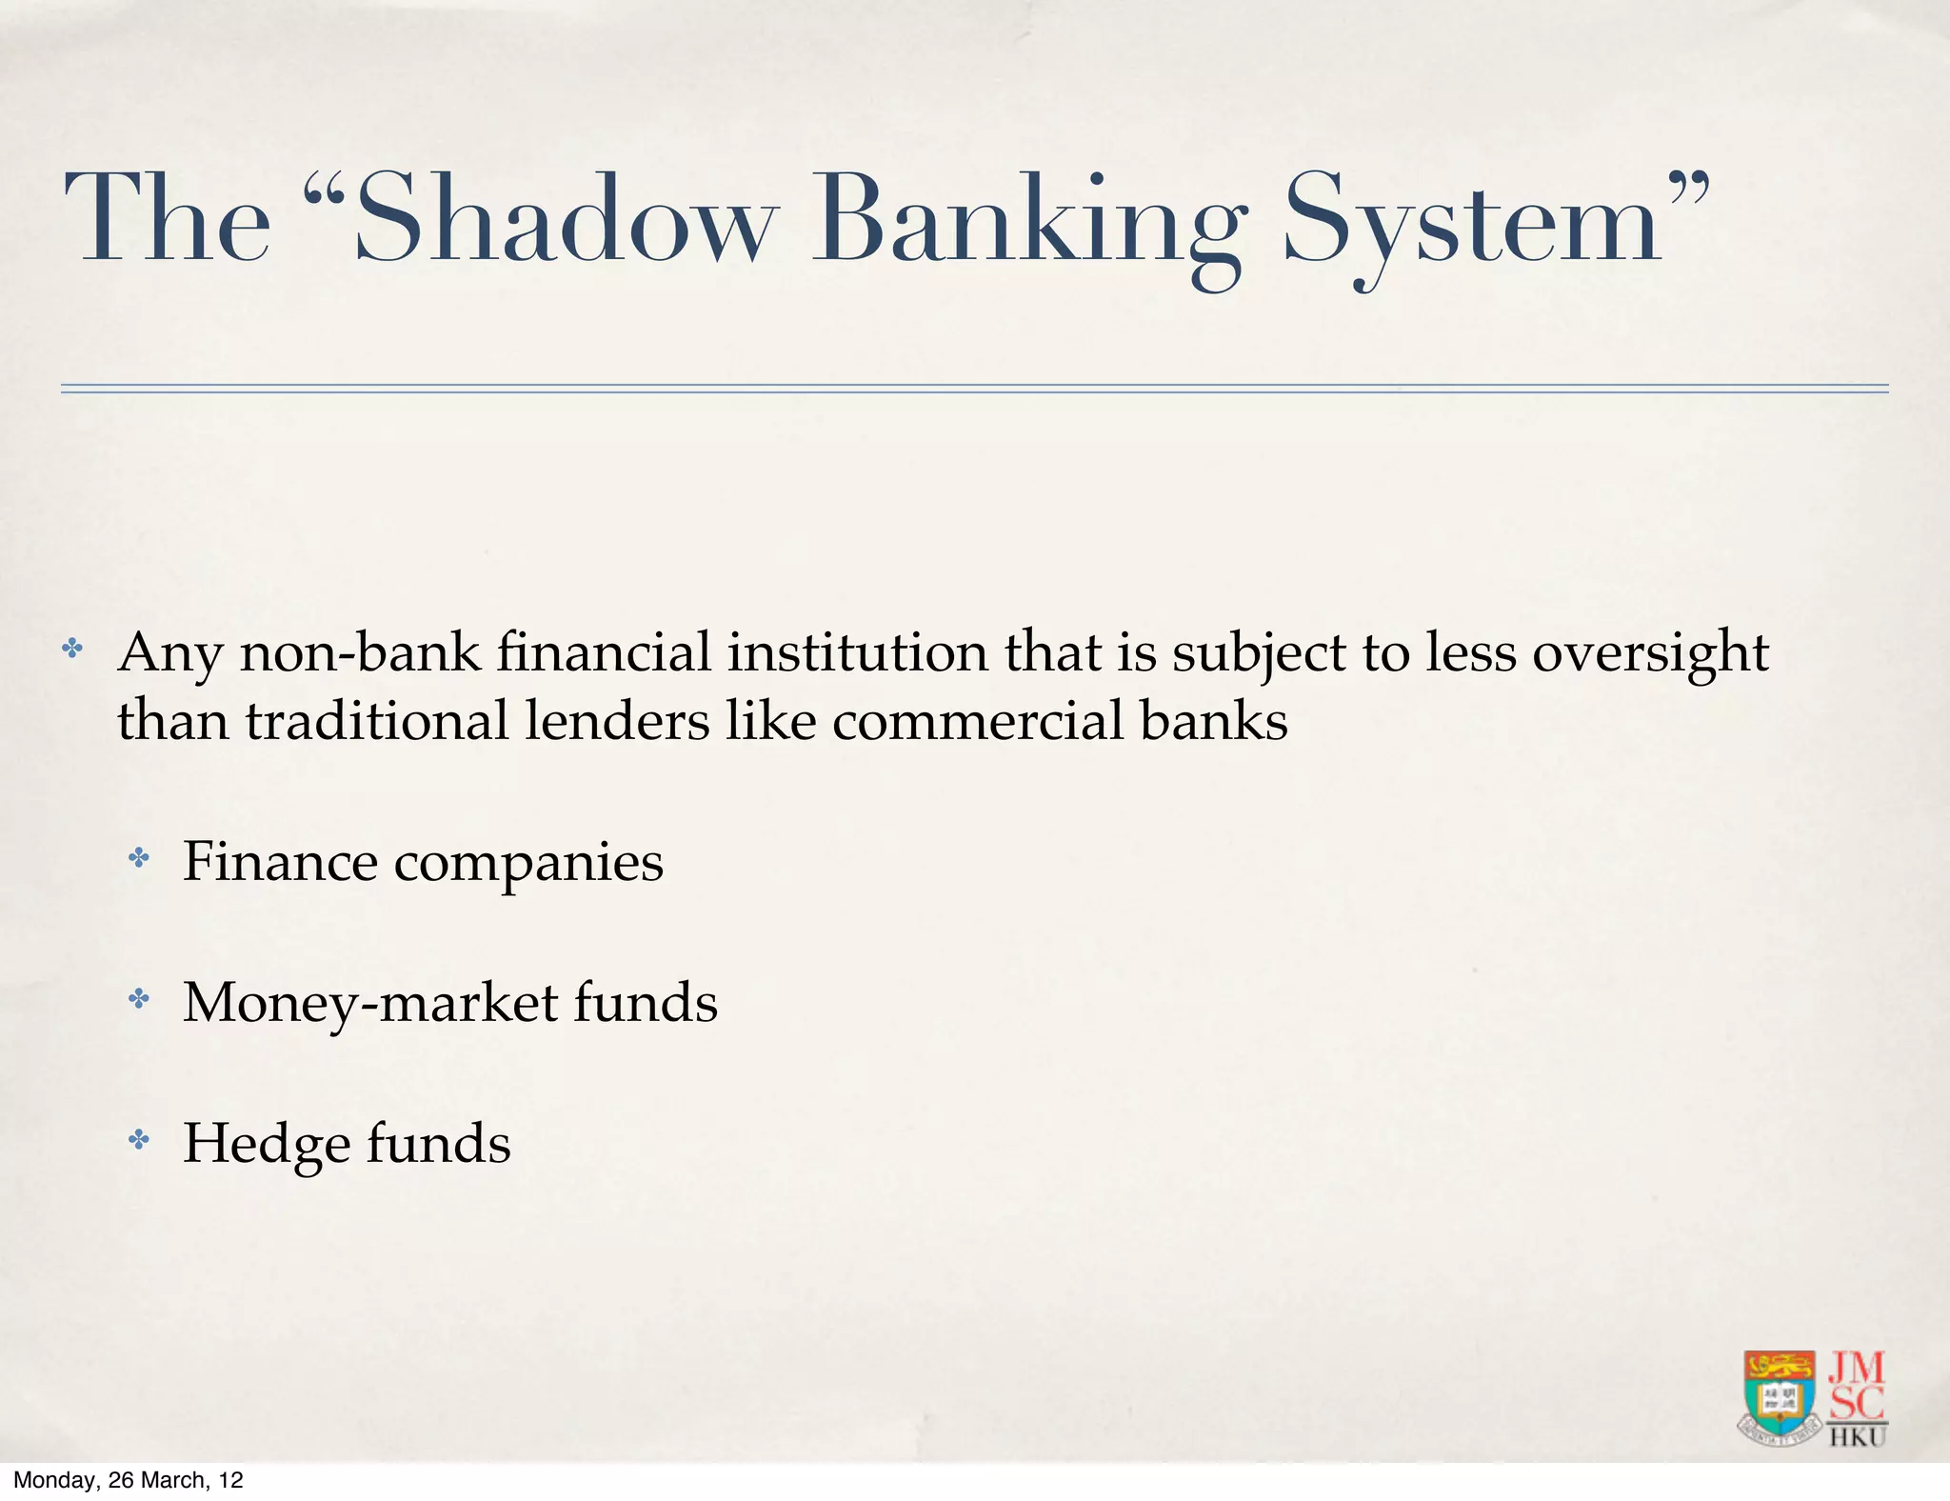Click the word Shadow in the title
pyautogui.click(x=562, y=219)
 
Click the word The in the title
pyautogui.click(x=168, y=219)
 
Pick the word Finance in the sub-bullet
pyautogui.click(x=280, y=862)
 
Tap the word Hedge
pyautogui.click(x=266, y=1145)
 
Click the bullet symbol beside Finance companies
pyautogui.click(x=139, y=859)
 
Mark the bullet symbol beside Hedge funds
pyautogui.click(x=139, y=1140)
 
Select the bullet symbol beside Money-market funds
pyautogui.click(x=139, y=999)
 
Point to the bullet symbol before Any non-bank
pyautogui.click(x=72, y=650)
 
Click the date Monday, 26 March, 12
pyautogui.click(x=129, y=1480)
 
